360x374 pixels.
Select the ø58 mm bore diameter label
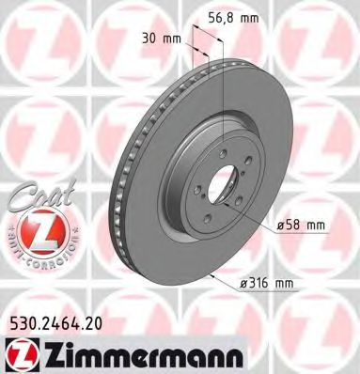[300, 224]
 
